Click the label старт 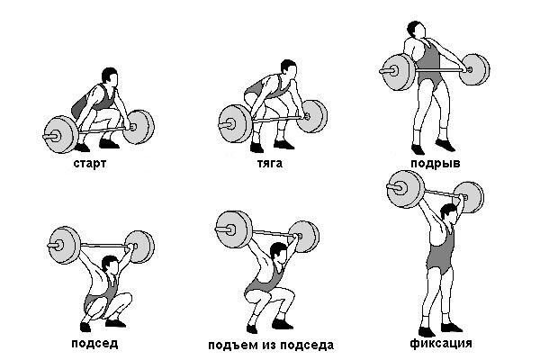[89, 163]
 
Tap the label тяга [270, 163]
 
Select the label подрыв [436, 163]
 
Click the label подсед [94, 344]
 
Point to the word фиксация [441, 344]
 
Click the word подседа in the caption [307, 346]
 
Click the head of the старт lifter [110, 76]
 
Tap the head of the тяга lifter [289, 67]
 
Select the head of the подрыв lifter [416, 30]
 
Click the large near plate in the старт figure [60, 135]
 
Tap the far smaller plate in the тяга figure [312, 116]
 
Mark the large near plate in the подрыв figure [398, 72]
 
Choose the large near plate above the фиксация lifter [404, 189]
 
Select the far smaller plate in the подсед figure [140, 247]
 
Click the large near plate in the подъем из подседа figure [233, 229]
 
